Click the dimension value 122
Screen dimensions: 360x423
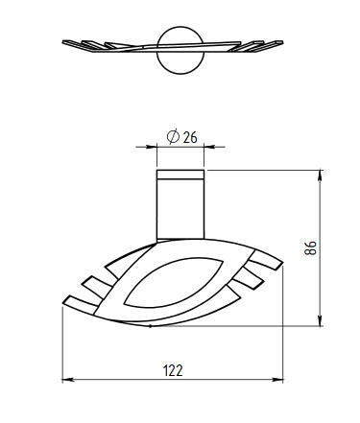point(173,370)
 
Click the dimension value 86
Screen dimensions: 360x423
point(310,247)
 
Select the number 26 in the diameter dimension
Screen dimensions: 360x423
point(190,137)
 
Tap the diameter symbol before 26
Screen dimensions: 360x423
point(173,136)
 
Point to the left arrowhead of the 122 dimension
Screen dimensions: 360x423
point(68,380)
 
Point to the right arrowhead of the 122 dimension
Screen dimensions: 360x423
point(277,380)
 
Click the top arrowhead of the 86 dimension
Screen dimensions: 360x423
point(320,176)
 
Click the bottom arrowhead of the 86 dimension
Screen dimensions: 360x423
point(320,320)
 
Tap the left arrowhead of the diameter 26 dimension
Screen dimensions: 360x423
point(151,147)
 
